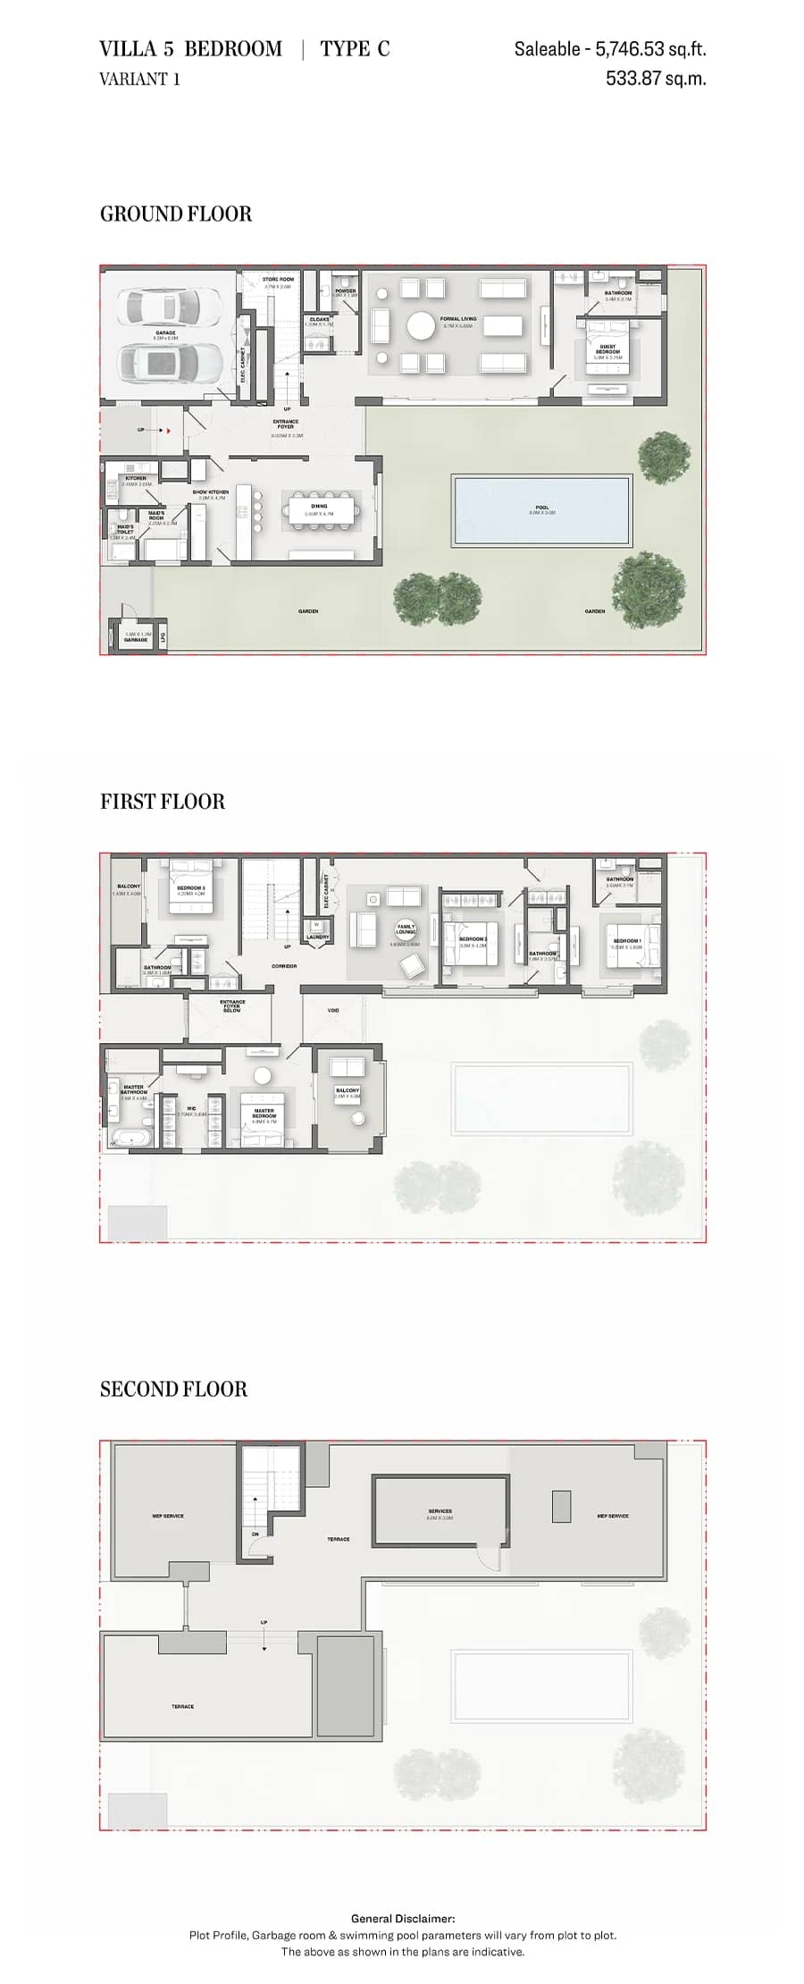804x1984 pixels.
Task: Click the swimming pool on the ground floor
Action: tap(541, 510)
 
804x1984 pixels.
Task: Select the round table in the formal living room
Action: tap(421, 326)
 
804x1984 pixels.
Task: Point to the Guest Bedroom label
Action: tap(607, 349)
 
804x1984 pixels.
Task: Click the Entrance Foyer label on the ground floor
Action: tap(286, 424)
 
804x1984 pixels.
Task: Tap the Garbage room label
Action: tap(136, 639)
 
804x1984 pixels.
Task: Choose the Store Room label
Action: tap(278, 280)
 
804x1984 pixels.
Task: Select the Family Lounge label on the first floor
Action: tap(406, 929)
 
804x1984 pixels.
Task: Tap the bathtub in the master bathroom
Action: tap(131, 1139)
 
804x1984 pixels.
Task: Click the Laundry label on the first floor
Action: tap(317, 937)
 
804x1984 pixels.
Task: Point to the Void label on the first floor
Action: tap(333, 1010)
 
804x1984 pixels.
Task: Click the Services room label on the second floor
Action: tap(440, 1511)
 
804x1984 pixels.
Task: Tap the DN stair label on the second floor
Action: tap(255, 1534)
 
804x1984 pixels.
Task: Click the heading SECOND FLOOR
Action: tap(173, 1389)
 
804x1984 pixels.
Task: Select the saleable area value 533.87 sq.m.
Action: tap(656, 78)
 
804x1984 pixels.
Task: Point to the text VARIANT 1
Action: tap(139, 79)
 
